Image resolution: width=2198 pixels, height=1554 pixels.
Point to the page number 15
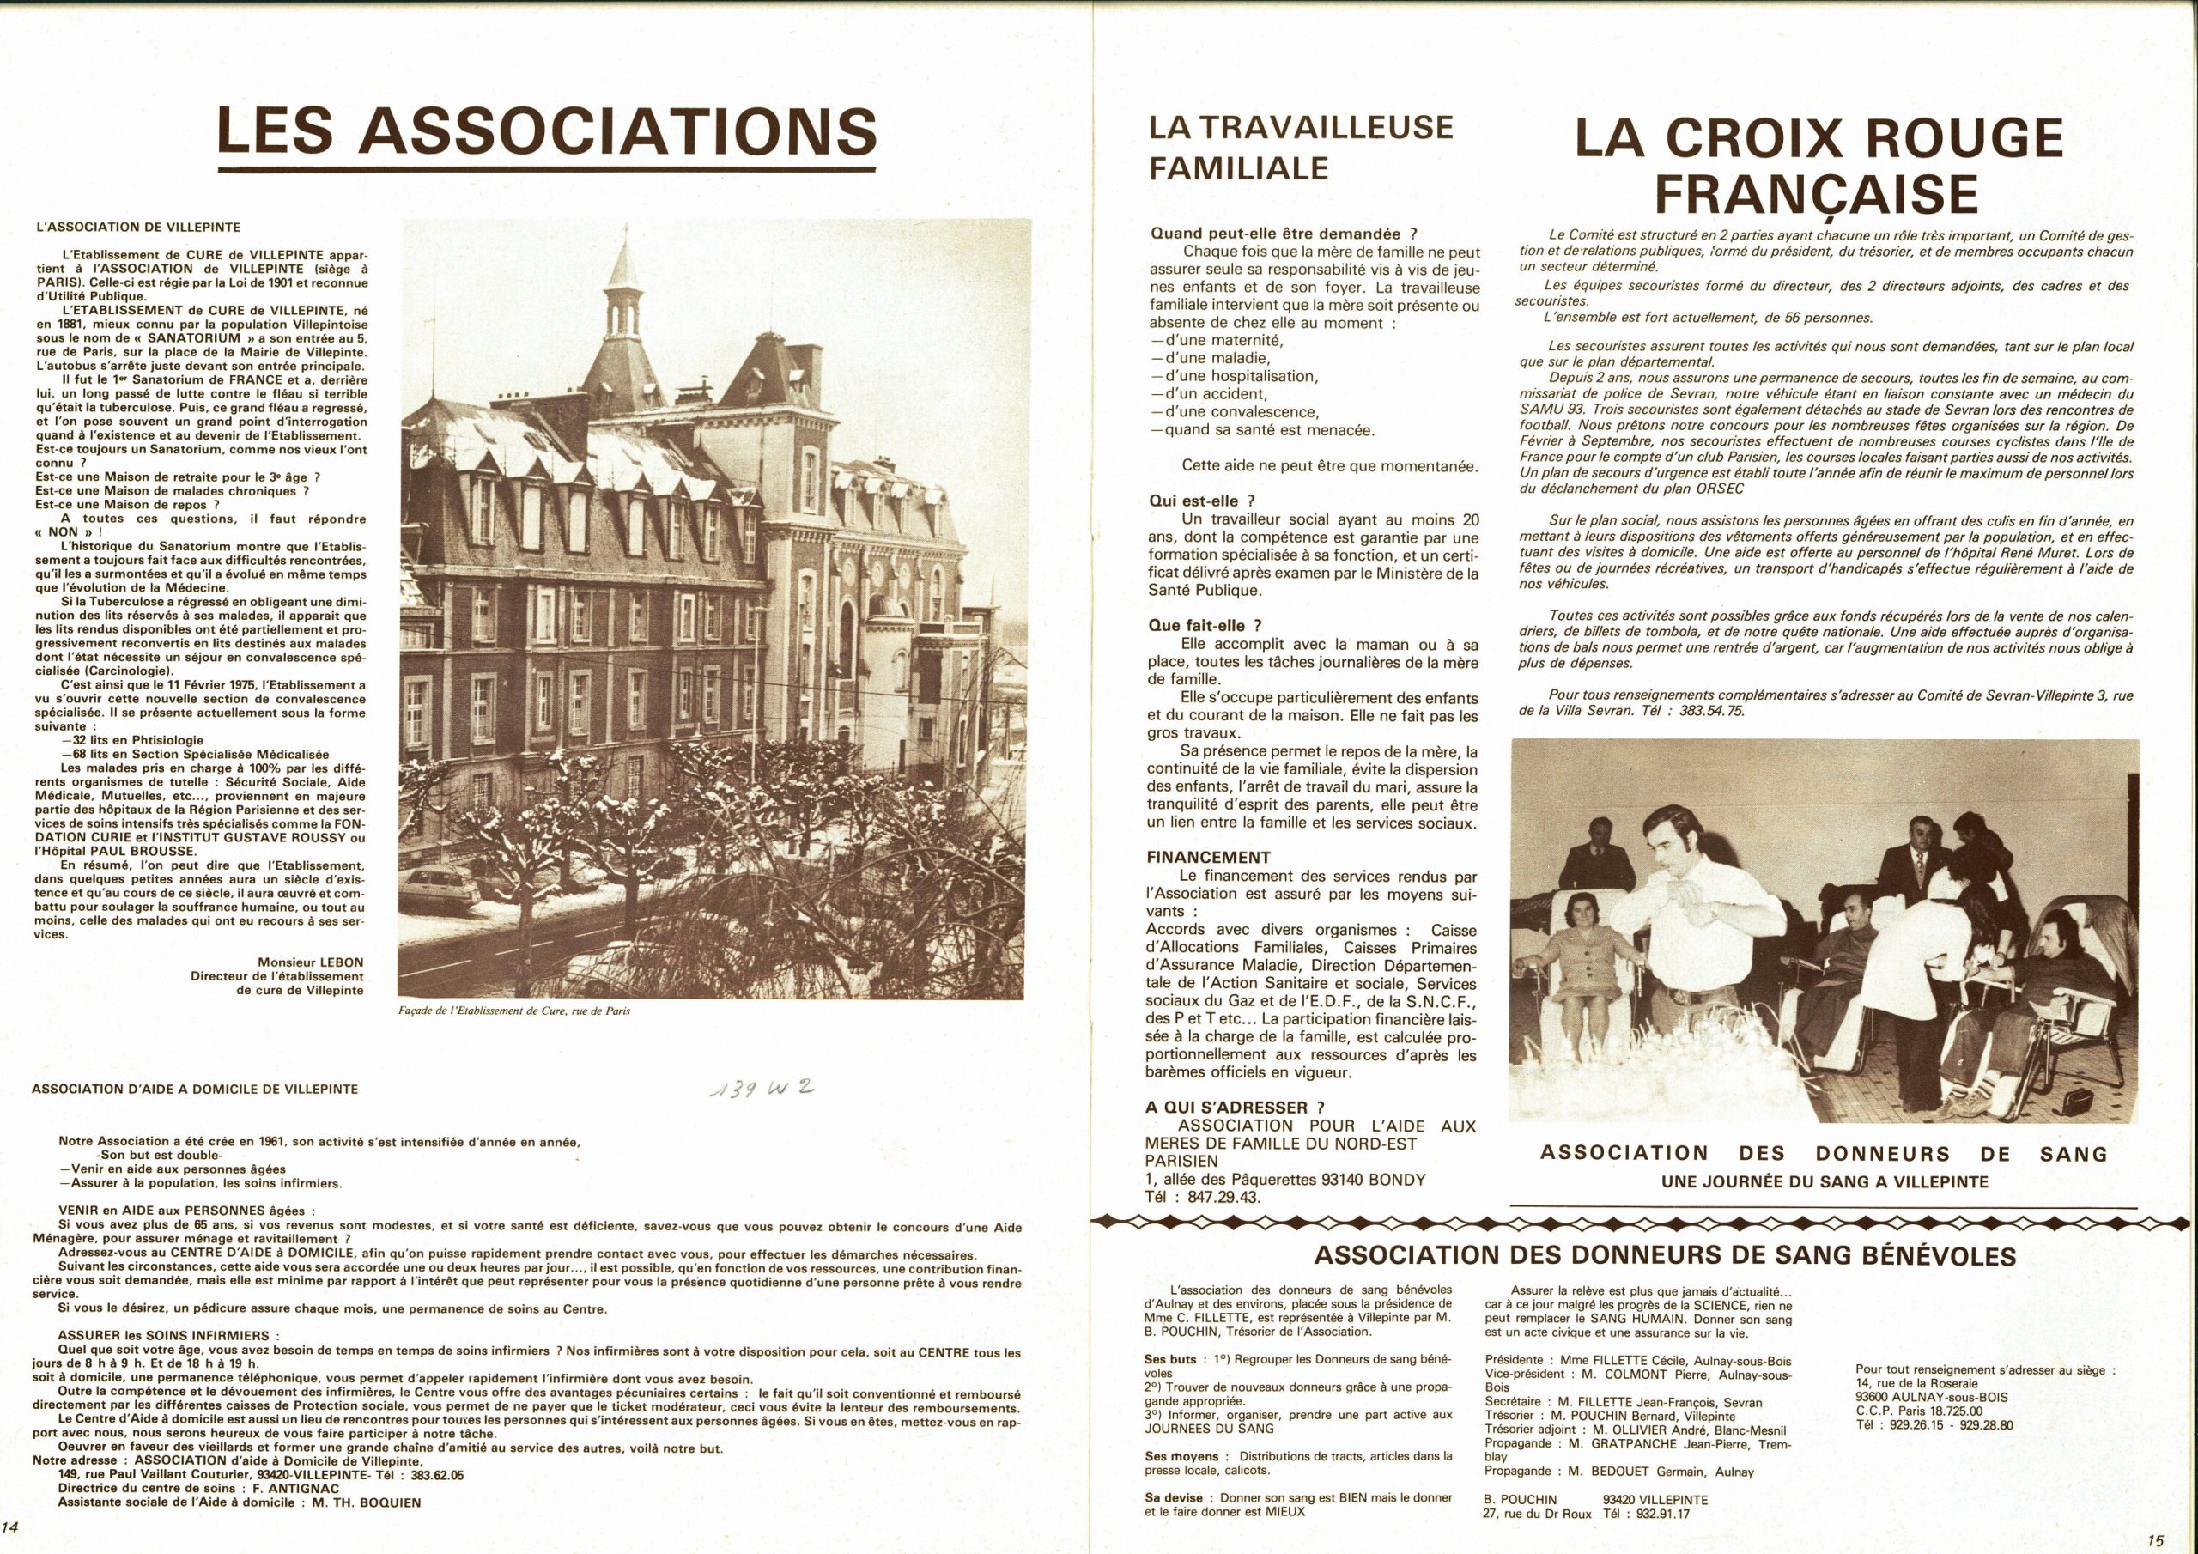click(2155, 1540)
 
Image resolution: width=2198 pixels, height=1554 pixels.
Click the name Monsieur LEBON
click(311, 962)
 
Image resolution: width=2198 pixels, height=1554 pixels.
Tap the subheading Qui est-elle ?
click(1200, 501)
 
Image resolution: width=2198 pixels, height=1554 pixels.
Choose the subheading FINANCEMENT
click(1208, 858)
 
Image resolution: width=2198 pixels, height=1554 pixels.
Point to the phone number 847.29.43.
click(1216, 1198)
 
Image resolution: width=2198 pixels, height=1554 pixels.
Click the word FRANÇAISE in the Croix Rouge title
click(1816, 194)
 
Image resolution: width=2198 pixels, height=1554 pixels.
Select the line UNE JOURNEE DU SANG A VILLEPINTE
click(1824, 1181)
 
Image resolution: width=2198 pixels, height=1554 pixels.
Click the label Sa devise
click(1172, 1496)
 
